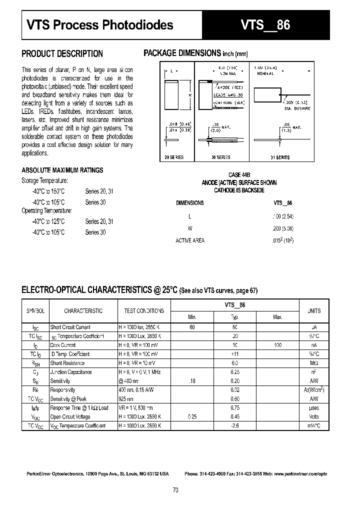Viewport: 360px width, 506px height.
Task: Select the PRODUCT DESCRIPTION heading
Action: [62, 53]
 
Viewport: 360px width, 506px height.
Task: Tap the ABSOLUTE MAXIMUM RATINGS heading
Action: [62, 170]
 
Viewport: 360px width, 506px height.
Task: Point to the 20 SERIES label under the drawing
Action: [174, 157]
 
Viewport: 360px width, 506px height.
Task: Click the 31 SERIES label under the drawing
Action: [279, 157]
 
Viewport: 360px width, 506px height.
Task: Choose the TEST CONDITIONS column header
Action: [144, 310]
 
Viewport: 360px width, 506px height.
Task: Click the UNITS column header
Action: [314, 310]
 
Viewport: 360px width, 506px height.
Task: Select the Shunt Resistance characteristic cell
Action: [67, 363]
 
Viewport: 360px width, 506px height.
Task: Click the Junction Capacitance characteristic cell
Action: [70, 372]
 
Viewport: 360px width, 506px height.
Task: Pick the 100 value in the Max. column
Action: [277, 345]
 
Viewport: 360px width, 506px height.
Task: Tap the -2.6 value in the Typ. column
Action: [234, 425]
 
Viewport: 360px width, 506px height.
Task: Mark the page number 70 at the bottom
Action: [175, 490]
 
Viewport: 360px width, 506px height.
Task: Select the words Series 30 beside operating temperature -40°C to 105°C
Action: [95, 232]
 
